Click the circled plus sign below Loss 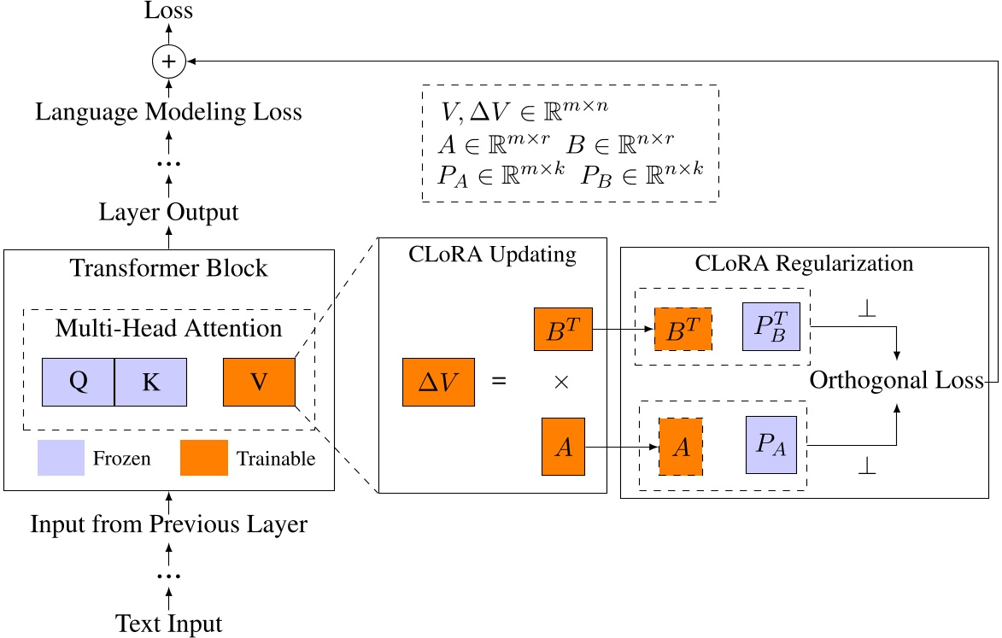click(168, 61)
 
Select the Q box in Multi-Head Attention click(78, 382)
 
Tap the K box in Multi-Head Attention click(151, 382)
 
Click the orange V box click(259, 382)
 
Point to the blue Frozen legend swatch click(60, 458)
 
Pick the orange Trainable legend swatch click(203, 458)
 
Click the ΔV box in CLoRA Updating click(438, 381)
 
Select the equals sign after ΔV click(499, 382)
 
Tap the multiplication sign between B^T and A click(561, 383)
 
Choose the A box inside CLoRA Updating click(563, 447)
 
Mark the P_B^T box click(771, 327)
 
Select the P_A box click(771, 445)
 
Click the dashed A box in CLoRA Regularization click(681, 446)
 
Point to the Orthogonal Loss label click(897, 381)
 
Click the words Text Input click(169, 623)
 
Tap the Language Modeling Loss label click(168, 112)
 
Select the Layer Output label click(168, 213)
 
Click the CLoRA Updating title click(492, 255)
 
